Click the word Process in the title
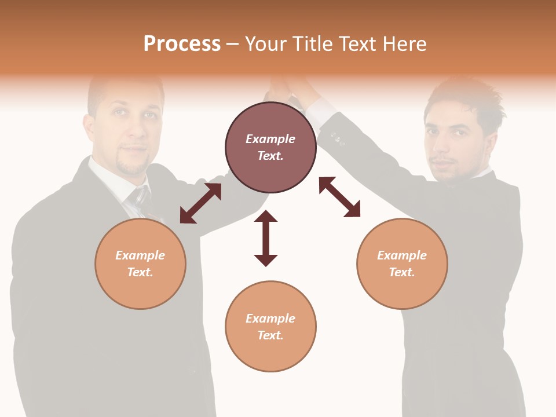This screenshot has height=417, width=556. [x=182, y=44]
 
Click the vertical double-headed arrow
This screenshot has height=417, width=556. [x=266, y=238]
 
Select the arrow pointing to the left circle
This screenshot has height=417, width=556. [x=200, y=203]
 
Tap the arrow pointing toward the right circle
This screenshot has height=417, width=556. [x=340, y=197]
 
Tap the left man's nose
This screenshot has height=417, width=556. [x=135, y=130]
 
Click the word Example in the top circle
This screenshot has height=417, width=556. [x=270, y=139]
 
